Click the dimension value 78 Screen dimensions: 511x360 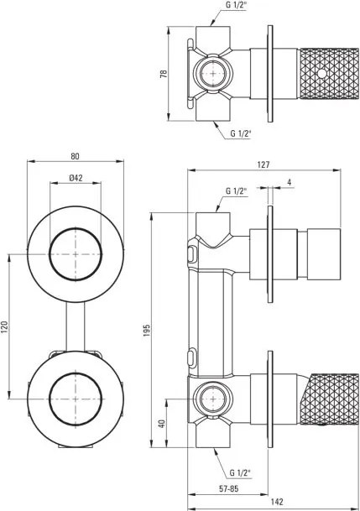coord(165,74)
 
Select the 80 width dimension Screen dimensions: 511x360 coord(76,155)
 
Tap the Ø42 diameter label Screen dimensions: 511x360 coord(75,178)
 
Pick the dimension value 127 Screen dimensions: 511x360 coord(263,165)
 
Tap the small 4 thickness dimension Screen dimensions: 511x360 coord(289,182)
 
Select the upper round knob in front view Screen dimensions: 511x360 coord(76,253)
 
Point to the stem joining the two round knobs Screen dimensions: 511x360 coord(76,323)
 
